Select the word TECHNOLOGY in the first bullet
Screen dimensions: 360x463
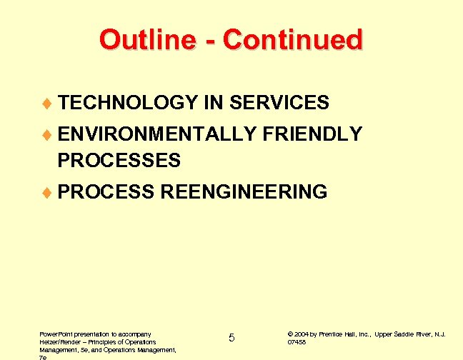pyautogui.click(x=128, y=104)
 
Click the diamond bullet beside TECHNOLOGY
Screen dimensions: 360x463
pyautogui.click(x=48, y=104)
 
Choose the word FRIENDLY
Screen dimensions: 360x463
pyautogui.click(x=312, y=134)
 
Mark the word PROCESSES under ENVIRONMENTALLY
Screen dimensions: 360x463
pyautogui.click(x=119, y=161)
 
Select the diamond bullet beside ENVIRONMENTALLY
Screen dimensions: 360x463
pyautogui.click(x=48, y=135)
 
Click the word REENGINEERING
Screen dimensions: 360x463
pyautogui.click(x=244, y=192)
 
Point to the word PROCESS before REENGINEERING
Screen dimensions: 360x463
pyautogui.click(x=106, y=192)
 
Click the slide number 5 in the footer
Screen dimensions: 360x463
pyautogui.click(x=231, y=337)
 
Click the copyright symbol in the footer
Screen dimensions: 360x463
pyautogui.click(x=289, y=334)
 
